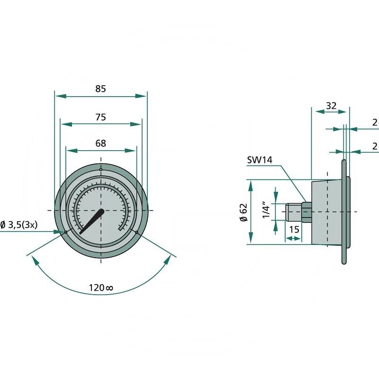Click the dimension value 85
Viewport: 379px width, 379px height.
coord(100,88)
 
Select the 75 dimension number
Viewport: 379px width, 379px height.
coord(100,117)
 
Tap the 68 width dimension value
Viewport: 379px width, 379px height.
coord(100,143)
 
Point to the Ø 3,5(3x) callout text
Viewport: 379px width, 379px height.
coord(25,225)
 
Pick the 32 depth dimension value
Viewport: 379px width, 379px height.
coord(331,106)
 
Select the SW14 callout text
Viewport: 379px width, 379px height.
coord(260,160)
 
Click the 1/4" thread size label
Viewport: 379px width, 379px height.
coord(266,211)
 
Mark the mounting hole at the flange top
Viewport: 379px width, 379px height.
coord(100,170)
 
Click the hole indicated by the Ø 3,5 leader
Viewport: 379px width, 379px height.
coord(65,232)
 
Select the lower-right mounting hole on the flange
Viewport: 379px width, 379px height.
coord(136,232)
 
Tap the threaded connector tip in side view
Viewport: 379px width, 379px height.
coord(291,211)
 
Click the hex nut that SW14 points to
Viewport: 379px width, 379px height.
coord(306,211)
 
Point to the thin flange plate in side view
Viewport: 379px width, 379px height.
coord(343,211)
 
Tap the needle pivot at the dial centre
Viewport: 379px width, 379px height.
coord(101,210)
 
